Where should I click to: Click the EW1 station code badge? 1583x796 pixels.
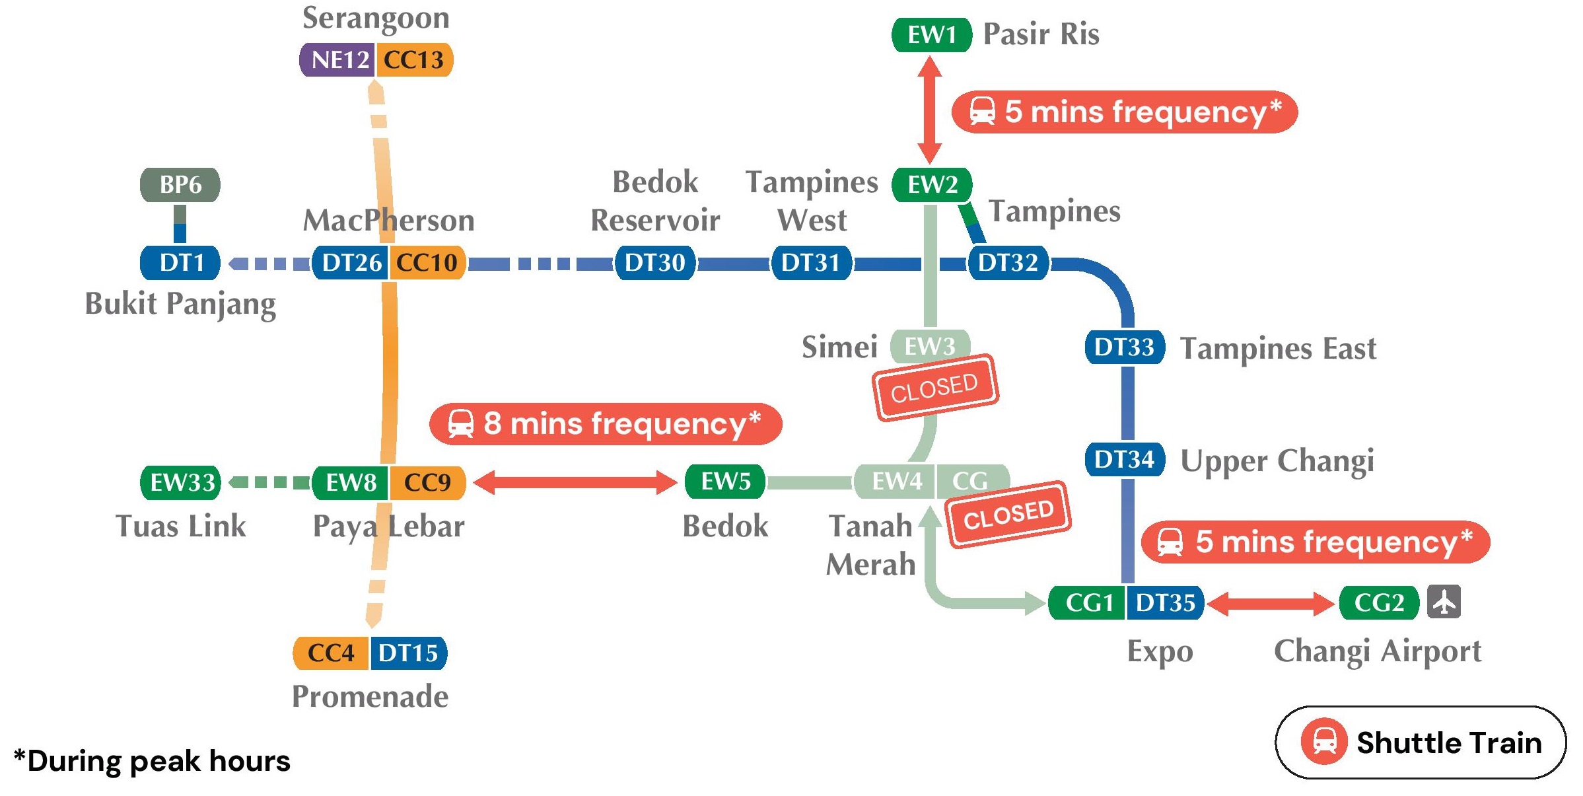pyautogui.click(x=931, y=34)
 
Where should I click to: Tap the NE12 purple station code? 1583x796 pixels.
pyautogui.click(x=338, y=59)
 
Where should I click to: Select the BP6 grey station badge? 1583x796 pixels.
pyautogui.click(x=180, y=184)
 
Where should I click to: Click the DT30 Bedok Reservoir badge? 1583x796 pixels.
pyautogui.click(x=654, y=263)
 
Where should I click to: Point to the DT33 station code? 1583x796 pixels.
pyautogui.click(x=1124, y=347)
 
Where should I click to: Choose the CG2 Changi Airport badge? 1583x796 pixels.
pyautogui.click(x=1379, y=602)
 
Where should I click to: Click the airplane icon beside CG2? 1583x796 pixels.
pyautogui.click(x=1444, y=602)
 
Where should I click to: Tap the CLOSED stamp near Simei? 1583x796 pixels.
pyautogui.click(x=935, y=388)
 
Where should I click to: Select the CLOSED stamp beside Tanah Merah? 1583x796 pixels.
pyautogui.click(x=1008, y=515)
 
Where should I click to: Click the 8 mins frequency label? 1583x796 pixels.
pyautogui.click(x=606, y=423)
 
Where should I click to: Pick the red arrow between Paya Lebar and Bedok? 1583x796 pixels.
pyautogui.click(x=575, y=482)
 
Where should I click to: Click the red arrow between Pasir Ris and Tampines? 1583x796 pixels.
pyautogui.click(x=930, y=110)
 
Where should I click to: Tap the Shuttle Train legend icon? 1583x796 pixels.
pyautogui.click(x=1323, y=742)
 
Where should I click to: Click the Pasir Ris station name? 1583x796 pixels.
pyautogui.click(x=1041, y=34)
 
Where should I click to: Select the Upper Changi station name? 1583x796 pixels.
pyautogui.click(x=1277, y=460)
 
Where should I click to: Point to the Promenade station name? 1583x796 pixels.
pyautogui.click(x=370, y=696)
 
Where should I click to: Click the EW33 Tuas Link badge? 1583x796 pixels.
pyautogui.click(x=182, y=482)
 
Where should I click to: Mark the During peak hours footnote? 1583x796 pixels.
pyautogui.click(x=152, y=761)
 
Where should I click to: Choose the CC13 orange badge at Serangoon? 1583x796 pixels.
pyautogui.click(x=414, y=59)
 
